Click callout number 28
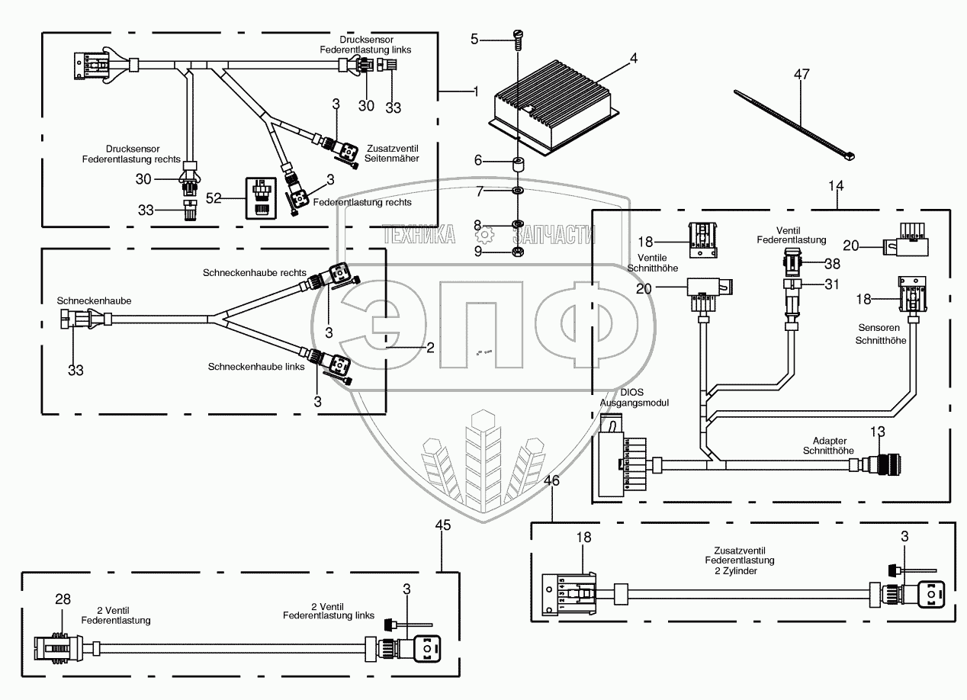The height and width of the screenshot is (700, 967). click(63, 600)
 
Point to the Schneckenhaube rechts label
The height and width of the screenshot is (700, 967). click(255, 272)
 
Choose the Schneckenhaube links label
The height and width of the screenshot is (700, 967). click(256, 367)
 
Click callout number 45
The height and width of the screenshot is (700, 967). click(443, 525)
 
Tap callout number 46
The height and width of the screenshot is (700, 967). click(553, 481)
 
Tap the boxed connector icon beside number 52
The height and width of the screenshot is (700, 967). click(262, 197)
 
